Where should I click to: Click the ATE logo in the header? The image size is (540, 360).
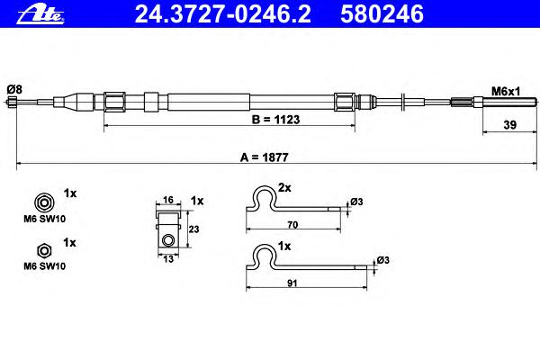(40, 15)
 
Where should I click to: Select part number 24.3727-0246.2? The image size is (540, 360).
(222, 14)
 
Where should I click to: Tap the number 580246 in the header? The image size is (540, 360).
(382, 14)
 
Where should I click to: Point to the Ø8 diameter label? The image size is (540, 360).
(14, 90)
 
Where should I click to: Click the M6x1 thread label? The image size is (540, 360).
(506, 91)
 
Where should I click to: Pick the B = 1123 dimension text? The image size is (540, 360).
(276, 120)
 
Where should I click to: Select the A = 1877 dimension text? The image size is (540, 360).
(264, 157)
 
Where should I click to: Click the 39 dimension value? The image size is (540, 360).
(510, 125)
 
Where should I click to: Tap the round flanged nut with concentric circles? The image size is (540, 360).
(44, 202)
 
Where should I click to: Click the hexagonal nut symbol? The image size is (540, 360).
(44, 251)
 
